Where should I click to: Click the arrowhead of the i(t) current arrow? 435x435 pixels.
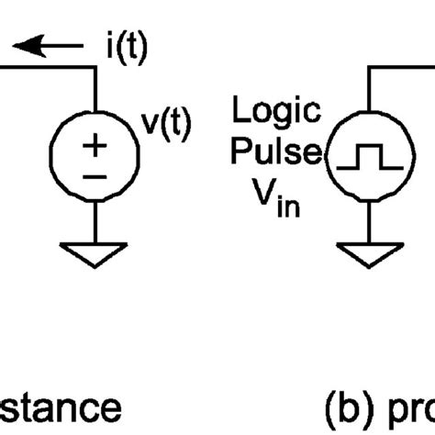point(28,43)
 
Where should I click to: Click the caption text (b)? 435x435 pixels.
point(346,407)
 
